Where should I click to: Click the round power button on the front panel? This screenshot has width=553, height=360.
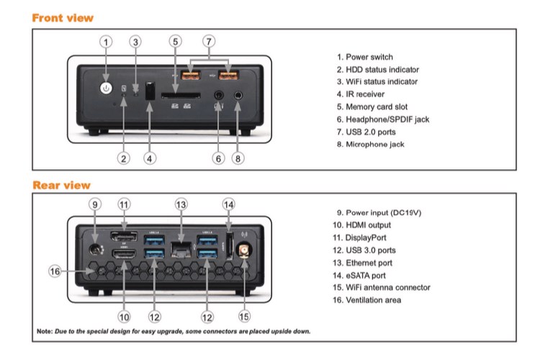(x=107, y=88)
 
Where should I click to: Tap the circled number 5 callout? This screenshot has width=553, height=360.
(x=176, y=42)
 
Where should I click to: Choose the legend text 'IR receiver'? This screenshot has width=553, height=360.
(x=365, y=94)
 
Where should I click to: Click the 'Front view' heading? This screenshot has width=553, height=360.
(x=63, y=17)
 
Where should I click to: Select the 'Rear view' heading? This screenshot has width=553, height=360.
(x=61, y=185)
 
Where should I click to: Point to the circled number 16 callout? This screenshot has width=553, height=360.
(x=55, y=271)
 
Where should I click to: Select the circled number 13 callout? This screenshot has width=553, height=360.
(x=181, y=204)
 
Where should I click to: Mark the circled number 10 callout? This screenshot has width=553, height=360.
(x=124, y=316)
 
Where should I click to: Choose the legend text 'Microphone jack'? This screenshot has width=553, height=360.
(x=375, y=144)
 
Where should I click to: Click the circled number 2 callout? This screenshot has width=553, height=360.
(x=124, y=158)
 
